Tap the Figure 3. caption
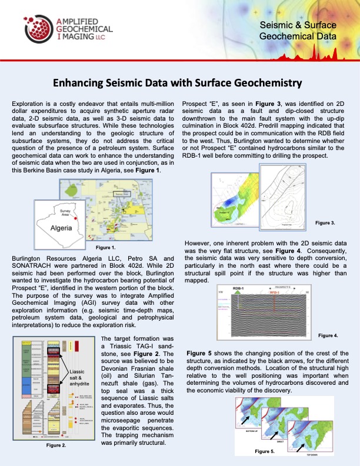(x=325, y=223)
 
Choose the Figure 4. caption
(x=327, y=335)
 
